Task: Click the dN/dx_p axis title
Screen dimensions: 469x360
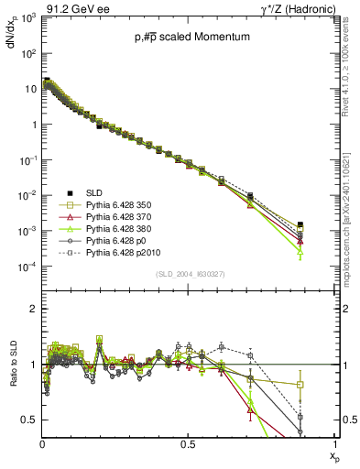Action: [x=13, y=41]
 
